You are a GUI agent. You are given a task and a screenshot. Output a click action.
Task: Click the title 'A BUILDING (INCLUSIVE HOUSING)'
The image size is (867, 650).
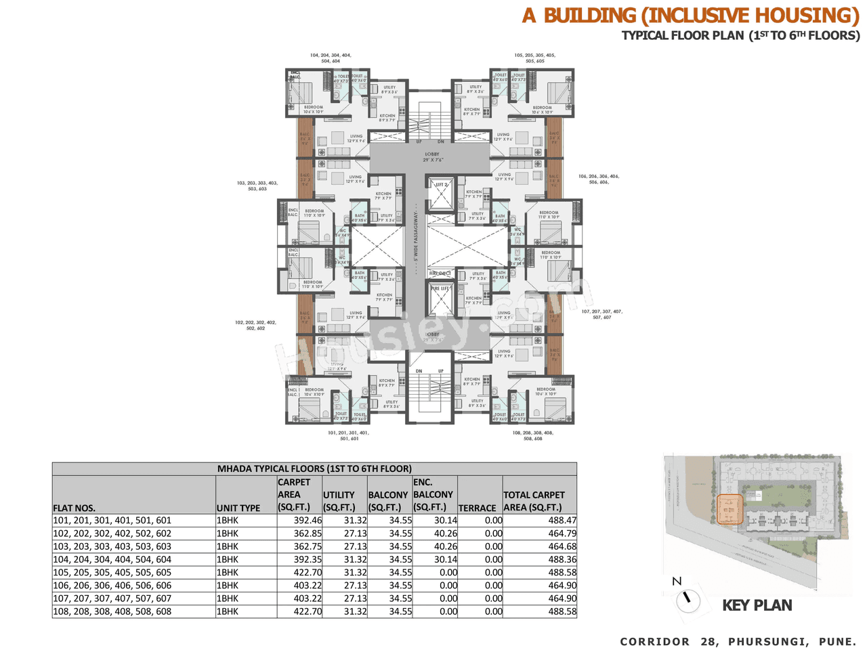[x=690, y=15]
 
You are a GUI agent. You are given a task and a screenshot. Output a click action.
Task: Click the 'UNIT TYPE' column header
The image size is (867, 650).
[x=238, y=508]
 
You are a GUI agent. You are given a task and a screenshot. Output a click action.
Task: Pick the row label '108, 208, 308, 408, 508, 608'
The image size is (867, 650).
[x=112, y=611]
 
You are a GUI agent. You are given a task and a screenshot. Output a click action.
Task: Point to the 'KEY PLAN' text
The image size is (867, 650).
[x=757, y=605]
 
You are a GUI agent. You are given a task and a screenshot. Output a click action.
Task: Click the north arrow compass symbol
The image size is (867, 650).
[x=688, y=599]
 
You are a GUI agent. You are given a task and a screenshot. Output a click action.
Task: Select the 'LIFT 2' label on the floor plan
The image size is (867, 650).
[x=441, y=184]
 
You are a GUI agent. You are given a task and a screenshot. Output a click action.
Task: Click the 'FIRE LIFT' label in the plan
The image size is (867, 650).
[x=440, y=288]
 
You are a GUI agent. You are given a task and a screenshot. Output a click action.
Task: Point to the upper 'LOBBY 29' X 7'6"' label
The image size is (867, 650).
[x=431, y=157]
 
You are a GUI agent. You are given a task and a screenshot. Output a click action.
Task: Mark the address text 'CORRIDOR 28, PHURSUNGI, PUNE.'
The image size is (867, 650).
[x=738, y=641]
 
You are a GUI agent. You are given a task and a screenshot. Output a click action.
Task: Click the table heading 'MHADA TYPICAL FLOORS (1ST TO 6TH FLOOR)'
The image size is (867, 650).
[x=314, y=469]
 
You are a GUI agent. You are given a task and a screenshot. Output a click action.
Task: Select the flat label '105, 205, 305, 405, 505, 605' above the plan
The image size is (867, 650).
[x=534, y=58]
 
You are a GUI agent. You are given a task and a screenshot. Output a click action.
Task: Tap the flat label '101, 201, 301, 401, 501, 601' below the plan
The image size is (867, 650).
[x=348, y=435]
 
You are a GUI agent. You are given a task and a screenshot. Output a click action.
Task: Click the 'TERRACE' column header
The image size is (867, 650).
[x=477, y=508]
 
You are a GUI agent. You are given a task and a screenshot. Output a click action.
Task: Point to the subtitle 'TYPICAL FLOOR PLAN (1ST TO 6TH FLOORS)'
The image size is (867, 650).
[x=740, y=35]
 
